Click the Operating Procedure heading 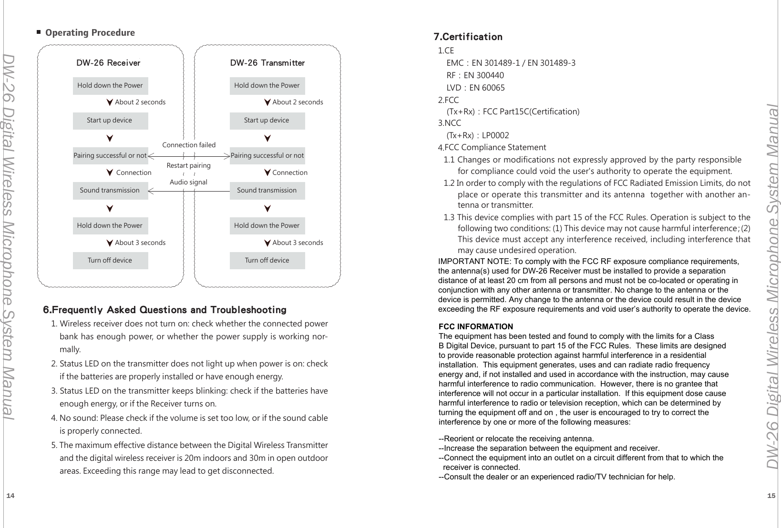pyautogui.click(x=90, y=33)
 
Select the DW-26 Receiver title pyautogui.click(x=108, y=63)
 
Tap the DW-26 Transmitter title pyautogui.click(x=267, y=63)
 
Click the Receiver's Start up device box pyautogui.click(x=110, y=121)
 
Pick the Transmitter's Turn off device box pyautogui.click(x=267, y=261)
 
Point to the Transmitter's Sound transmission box pyautogui.click(x=267, y=191)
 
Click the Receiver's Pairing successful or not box pyautogui.click(x=110, y=156)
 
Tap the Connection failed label pyautogui.click(x=189, y=145)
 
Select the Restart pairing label pyautogui.click(x=188, y=166)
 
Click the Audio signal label pyautogui.click(x=188, y=182)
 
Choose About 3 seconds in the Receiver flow pyautogui.click(x=140, y=243)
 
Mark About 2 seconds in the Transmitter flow pyautogui.click(x=298, y=102)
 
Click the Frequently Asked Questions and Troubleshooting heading pyautogui.click(x=164, y=310)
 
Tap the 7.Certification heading pyautogui.click(x=468, y=37)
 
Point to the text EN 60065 pyautogui.click(x=487, y=88)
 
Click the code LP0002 pyautogui.click(x=495, y=135)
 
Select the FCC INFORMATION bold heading pyautogui.click(x=475, y=327)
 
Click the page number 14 pyautogui.click(x=10, y=496)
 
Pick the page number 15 pyautogui.click(x=771, y=496)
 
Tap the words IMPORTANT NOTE pyautogui.click(x=474, y=262)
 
